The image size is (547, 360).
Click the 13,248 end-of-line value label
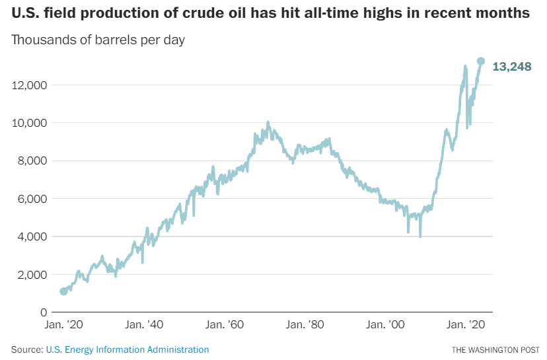click(512, 67)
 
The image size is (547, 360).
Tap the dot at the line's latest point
click(481, 61)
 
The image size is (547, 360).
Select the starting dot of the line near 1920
click(63, 291)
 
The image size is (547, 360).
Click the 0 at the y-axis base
click(43, 312)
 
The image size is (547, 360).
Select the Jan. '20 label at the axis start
click(64, 326)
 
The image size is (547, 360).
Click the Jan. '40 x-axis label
click(145, 326)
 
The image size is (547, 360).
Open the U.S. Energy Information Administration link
click(128, 349)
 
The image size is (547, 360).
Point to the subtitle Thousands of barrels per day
click(98, 40)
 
